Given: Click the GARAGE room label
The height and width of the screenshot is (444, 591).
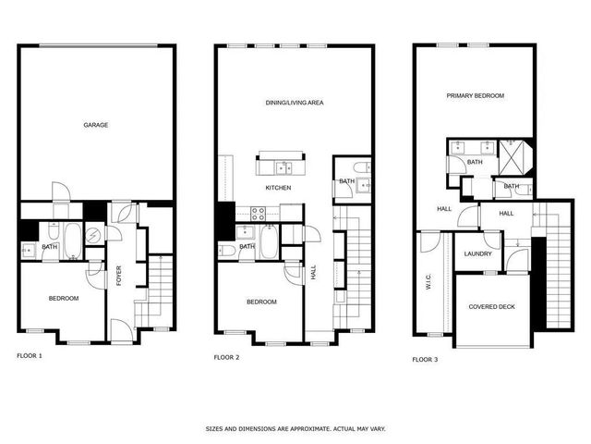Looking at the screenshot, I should [x=96, y=125].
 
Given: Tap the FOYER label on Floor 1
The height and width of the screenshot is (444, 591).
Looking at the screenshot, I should [x=119, y=276].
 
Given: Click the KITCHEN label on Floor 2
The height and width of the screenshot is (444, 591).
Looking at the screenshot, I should [x=278, y=188].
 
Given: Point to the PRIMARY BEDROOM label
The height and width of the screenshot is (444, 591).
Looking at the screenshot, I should [x=475, y=95].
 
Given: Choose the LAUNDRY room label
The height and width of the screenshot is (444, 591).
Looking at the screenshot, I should [x=477, y=253].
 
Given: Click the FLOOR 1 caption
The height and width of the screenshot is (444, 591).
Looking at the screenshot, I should [x=30, y=355].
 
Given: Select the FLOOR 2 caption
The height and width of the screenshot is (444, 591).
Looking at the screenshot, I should [x=226, y=356].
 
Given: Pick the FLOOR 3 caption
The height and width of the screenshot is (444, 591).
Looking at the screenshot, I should [x=425, y=358].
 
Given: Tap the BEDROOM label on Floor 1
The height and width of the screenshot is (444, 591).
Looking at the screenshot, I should [x=63, y=298].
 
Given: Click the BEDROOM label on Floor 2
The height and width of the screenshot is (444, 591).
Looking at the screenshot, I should [x=261, y=302].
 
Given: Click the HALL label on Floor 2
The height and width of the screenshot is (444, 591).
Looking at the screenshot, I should [x=314, y=273].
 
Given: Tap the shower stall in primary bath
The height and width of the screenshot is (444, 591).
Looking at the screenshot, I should [x=510, y=150].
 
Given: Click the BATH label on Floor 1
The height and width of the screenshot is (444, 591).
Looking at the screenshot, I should [x=49, y=247].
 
